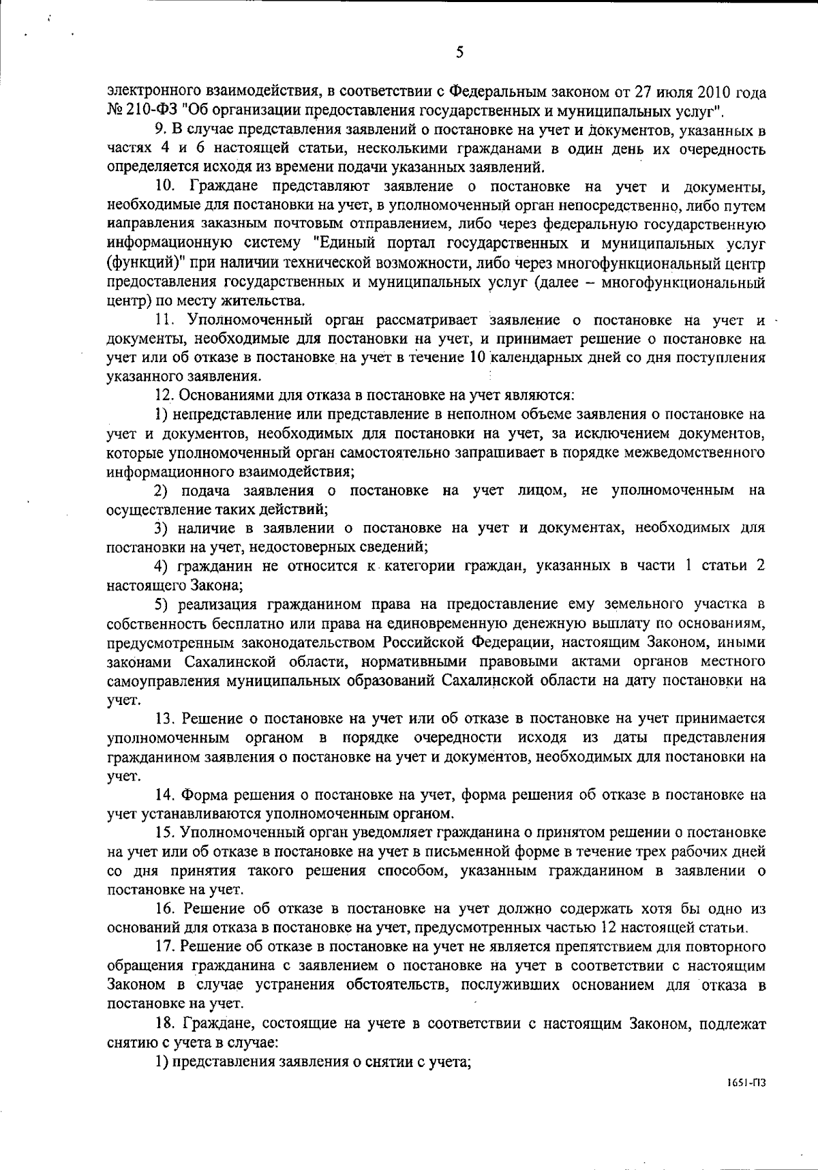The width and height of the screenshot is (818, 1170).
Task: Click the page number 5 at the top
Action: [x=459, y=52]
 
